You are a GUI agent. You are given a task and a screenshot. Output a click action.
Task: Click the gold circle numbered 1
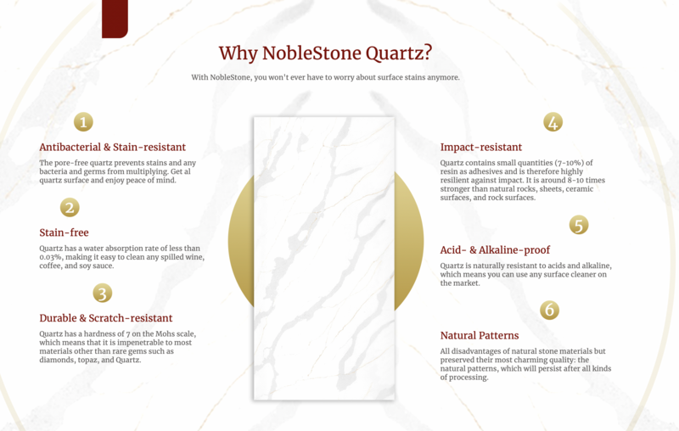click(x=83, y=122)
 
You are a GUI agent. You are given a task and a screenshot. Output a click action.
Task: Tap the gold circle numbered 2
click(x=70, y=207)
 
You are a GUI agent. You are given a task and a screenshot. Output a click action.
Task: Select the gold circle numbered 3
click(x=102, y=294)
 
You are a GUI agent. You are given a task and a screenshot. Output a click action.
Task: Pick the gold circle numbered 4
click(x=553, y=122)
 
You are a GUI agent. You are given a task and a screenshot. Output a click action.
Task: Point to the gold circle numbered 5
click(x=579, y=225)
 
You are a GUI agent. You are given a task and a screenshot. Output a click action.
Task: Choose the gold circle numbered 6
click(x=550, y=310)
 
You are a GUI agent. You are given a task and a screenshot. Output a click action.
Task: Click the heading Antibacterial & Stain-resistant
click(x=112, y=147)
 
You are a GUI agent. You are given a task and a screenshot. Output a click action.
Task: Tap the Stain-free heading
click(x=64, y=232)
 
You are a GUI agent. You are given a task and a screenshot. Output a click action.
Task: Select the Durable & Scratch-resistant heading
click(x=105, y=318)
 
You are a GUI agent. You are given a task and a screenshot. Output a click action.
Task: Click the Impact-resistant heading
click(x=480, y=147)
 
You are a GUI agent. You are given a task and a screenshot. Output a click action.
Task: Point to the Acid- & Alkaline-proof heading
click(x=495, y=250)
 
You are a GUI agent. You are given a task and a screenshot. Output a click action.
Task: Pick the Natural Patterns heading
click(x=480, y=335)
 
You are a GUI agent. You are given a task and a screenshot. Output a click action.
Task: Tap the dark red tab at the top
click(x=115, y=19)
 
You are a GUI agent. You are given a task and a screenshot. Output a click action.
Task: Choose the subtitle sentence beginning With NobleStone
click(x=325, y=78)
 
